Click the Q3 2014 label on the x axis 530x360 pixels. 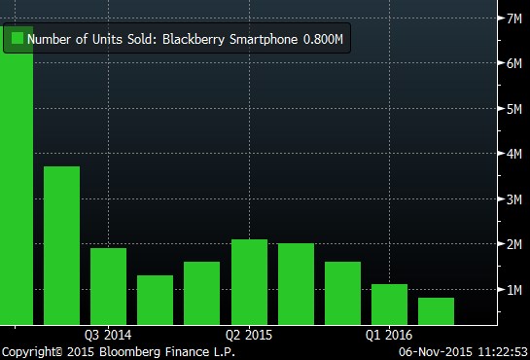[x=108, y=334]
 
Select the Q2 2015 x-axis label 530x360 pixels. [x=250, y=334]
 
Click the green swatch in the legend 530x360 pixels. [x=17, y=39]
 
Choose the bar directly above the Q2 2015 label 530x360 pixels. [x=250, y=281]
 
